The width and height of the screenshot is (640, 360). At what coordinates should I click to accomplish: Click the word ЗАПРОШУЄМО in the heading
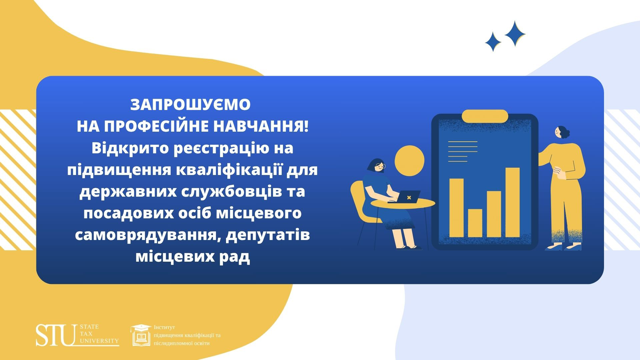point(190,105)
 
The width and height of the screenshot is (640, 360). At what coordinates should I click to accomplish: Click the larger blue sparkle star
point(515,33)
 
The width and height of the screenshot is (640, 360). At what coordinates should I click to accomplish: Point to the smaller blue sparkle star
point(493,42)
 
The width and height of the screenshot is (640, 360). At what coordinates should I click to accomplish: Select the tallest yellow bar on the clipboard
point(512,202)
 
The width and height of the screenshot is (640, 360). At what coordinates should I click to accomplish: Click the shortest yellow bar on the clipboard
point(475,223)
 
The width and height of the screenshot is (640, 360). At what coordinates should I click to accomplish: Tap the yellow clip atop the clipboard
point(485,116)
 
